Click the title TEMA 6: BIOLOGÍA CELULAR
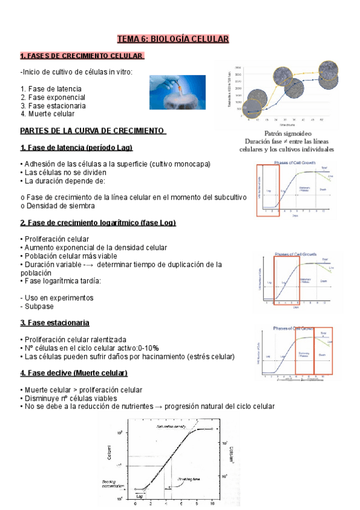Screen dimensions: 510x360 pyautogui.click(x=173, y=40)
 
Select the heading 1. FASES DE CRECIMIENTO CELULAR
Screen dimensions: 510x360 pyautogui.click(x=82, y=56)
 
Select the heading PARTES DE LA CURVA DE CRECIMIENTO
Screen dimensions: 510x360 pyautogui.click(x=93, y=131)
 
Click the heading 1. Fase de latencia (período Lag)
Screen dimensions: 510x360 pyautogui.click(x=76, y=147)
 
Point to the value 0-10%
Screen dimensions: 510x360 pyautogui.click(x=148, y=348)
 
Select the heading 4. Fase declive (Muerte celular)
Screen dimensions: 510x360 pyautogui.click(x=74, y=373)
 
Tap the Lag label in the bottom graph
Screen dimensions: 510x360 pyautogui.click(x=139, y=496)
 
